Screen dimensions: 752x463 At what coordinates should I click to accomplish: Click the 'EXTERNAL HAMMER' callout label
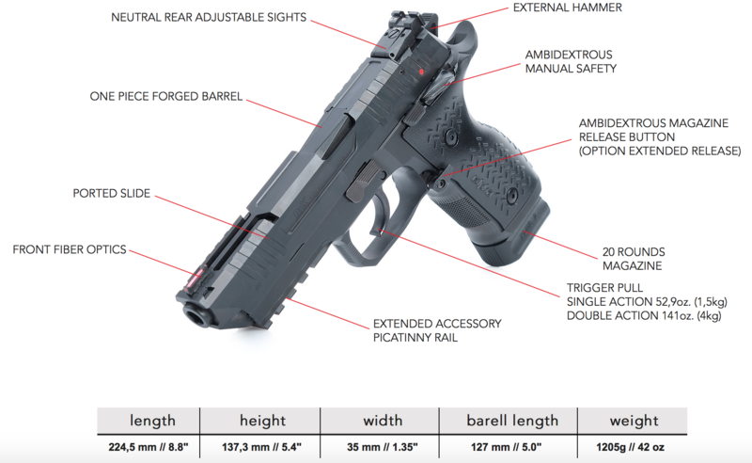tap(568, 8)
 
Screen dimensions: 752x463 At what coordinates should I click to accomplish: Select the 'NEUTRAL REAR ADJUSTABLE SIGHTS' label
tap(209, 17)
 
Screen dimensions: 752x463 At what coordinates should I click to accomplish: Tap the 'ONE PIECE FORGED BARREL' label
tap(166, 97)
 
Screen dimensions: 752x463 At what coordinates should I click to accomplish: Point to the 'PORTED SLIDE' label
tap(111, 193)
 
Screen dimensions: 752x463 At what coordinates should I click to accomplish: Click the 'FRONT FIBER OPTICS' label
tap(70, 249)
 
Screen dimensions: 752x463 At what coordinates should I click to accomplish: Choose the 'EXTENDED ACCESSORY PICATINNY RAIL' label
tap(437, 330)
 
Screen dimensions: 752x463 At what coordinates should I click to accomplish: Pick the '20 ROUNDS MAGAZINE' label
tap(634, 259)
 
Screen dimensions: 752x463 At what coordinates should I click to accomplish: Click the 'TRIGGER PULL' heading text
tap(604, 288)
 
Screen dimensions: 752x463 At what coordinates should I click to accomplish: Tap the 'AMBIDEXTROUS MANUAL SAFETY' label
tap(571, 61)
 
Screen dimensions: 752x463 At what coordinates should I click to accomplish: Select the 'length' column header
tap(152, 421)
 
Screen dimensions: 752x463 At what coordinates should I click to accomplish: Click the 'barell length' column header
tap(512, 421)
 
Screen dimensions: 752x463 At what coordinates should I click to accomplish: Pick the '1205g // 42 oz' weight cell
tap(630, 447)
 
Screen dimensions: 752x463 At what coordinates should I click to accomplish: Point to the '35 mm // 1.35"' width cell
tap(383, 447)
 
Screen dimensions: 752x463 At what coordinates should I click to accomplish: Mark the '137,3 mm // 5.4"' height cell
tap(261, 447)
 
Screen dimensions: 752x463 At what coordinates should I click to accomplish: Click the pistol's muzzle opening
tap(195, 316)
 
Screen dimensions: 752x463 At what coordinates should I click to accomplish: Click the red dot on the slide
tap(421, 72)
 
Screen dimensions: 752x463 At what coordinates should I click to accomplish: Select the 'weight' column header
tap(634, 421)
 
